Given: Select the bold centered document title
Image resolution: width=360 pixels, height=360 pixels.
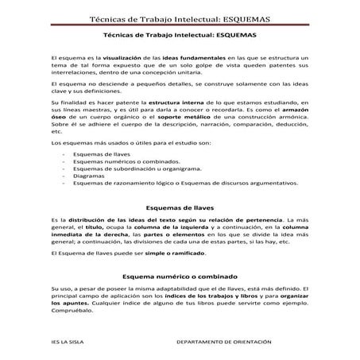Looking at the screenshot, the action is click(180, 35).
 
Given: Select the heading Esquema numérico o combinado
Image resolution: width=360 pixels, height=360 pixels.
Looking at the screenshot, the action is click(180, 274).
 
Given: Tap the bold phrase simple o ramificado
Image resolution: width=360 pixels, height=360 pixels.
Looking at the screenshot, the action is click(179, 254).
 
